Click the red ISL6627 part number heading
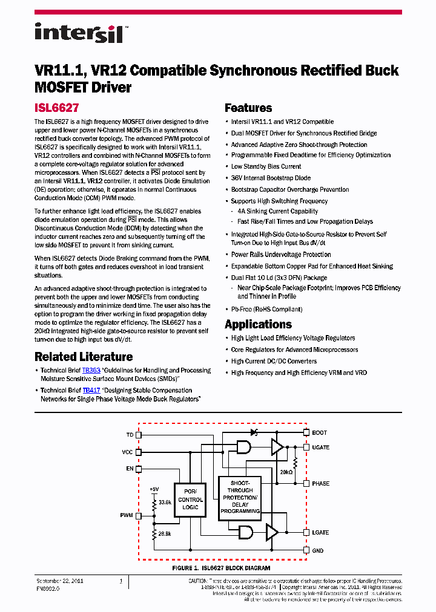point(56,108)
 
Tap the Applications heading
point(258,324)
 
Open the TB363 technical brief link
point(91,370)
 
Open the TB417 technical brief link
point(91,391)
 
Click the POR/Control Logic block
point(191,500)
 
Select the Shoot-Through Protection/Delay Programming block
point(240,496)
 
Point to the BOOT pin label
point(319,433)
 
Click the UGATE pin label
point(321,448)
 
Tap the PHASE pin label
point(321,484)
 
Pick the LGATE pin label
point(321,533)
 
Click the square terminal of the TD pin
point(139,434)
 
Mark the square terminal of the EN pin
point(139,469)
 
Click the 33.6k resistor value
point(165,502)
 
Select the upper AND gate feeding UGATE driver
point(243,448)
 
